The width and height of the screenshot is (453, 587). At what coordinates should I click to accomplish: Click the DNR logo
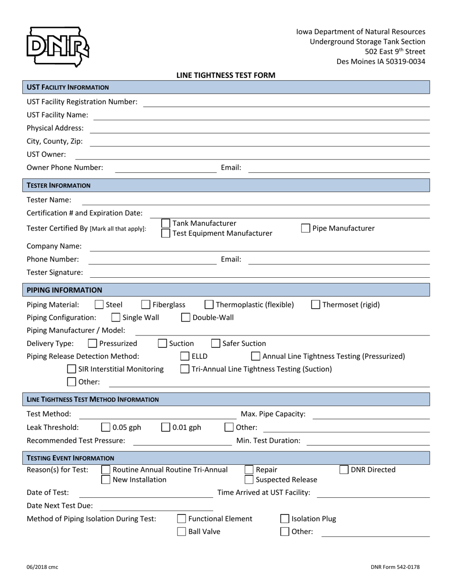click(x=57, y=46)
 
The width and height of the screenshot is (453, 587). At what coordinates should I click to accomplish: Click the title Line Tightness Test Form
click(x=226, y=75)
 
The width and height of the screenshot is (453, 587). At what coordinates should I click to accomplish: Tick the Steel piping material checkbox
click(x=99, y=304)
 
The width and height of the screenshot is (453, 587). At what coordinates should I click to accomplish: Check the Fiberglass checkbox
click(x=146, y=304)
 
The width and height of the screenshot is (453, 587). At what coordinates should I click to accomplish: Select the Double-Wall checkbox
click(x=186, y=317)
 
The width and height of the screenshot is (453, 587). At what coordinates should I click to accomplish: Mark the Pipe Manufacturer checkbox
click(x=306, y=228)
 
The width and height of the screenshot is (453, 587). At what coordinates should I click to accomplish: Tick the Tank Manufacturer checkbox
click(x=165, y=223)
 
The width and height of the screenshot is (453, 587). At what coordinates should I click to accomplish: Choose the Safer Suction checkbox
click(x=216, y=343)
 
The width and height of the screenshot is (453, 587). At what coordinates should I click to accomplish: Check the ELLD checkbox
click(x=185, y=356)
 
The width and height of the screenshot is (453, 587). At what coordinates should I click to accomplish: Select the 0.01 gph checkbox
click(x=165, y=427)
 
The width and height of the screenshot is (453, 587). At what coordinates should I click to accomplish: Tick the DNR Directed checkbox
click(x=344, y=470)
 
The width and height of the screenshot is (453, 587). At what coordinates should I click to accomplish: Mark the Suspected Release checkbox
click(x=249, y=480)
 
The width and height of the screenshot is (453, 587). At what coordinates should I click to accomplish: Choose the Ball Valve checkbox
click(x=181, y=532)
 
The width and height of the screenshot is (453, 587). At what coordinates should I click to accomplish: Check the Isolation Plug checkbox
click(x=285, y=519)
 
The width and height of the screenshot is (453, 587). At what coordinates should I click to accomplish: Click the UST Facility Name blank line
click(x=261, y=115)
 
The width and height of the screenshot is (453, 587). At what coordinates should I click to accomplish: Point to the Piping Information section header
click(x=64, y=290)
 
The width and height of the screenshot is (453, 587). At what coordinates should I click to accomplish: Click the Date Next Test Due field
click(x=156, y=506)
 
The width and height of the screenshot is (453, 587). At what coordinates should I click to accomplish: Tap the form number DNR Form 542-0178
click(x=395, y=567)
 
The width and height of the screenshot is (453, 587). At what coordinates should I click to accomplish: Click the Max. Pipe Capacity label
click(x=273, y=414)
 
